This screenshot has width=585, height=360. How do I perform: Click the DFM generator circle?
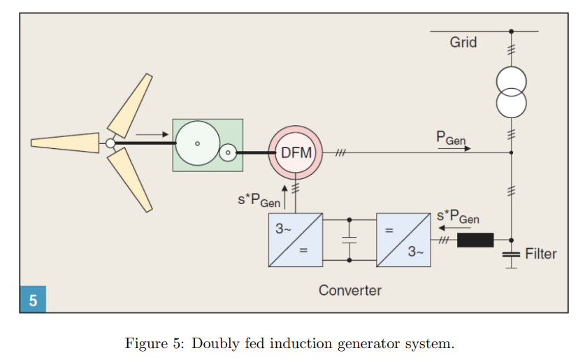[296, 152]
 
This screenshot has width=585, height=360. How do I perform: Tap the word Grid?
[463, 42]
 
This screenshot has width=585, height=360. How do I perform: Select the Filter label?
[540, 253]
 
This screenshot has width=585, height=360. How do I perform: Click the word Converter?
[349, 289]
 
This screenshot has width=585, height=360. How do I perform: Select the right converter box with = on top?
[403, 240]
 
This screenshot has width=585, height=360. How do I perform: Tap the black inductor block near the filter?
[475, 240]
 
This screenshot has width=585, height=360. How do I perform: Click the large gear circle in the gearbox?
[197, 143]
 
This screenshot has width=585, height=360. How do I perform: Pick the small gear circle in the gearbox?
[228, 152]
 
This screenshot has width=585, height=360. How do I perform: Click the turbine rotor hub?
[110, 144]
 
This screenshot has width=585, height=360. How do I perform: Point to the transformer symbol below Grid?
[511, 92]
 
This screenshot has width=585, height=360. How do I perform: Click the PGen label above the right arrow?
[451, 138]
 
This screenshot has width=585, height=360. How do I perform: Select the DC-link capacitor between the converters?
[349, 240]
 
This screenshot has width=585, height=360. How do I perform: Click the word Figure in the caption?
[145, 344]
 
